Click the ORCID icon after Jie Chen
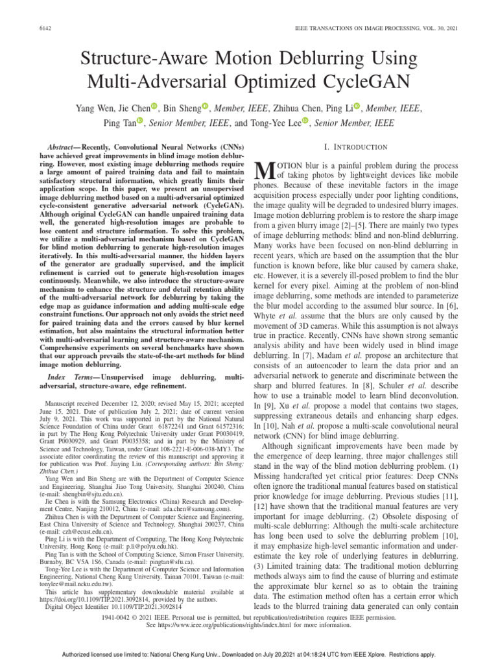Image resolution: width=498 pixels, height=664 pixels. coord(154,106)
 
